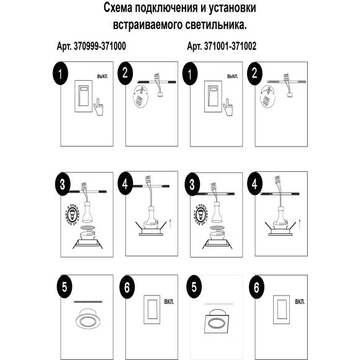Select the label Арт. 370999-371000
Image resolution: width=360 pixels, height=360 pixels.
click(91, 47)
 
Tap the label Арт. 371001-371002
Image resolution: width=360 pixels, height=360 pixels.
click(222, 47)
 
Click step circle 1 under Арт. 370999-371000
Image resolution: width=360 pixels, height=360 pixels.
click(59, 74)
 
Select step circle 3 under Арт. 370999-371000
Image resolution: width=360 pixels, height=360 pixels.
click(59, 184)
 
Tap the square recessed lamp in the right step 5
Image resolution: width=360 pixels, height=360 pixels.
click(218, 322)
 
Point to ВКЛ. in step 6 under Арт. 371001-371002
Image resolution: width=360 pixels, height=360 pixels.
click(300, 302)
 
